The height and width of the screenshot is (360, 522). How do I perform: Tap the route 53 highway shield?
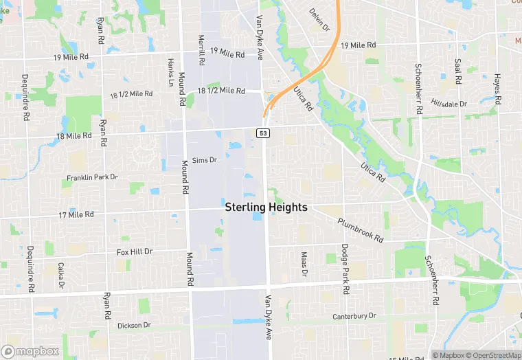263,133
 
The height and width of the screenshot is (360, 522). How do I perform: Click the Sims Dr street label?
205,160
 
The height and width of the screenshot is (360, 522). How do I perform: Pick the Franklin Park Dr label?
92,178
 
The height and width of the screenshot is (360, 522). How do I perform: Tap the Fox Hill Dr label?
134,251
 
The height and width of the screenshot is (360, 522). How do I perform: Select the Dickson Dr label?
134,325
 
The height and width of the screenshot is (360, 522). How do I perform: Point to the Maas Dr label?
304,264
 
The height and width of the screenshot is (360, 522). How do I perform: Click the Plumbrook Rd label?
360,229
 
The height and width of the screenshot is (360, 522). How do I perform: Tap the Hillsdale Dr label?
449,104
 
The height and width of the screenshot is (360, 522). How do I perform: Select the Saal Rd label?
458,69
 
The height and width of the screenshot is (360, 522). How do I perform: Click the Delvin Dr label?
319,20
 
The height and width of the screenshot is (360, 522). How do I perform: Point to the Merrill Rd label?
201,50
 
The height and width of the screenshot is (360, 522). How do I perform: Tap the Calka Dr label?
61,275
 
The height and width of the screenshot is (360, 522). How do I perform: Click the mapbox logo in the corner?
30,351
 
